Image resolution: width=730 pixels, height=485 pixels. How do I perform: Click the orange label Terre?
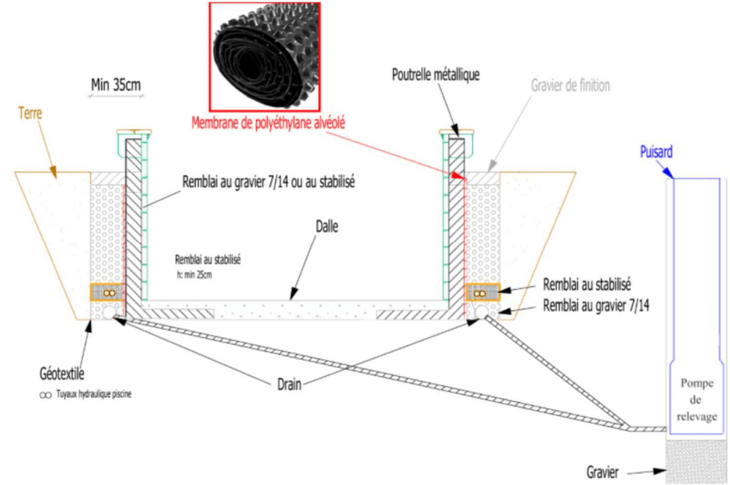coord(31,113)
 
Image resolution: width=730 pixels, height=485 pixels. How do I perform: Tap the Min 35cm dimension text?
coord(116,85)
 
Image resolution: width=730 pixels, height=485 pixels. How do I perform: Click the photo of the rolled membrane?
coord(265,56)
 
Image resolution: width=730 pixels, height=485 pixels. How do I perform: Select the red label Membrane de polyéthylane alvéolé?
coord(269,123)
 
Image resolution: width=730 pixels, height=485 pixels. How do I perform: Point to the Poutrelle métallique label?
coord(435,74)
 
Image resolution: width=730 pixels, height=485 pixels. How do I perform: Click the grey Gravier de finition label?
coord(570,85)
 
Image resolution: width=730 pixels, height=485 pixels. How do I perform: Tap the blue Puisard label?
coord(656,152)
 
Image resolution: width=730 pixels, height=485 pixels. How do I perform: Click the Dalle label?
coord(327,226)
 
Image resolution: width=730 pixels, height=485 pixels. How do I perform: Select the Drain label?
coord(289,385)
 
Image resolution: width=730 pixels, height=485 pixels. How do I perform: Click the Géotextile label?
coord(62,373)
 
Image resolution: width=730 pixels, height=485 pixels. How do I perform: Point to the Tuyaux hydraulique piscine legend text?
coord(93,394)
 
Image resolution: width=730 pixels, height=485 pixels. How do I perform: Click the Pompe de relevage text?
coord(696,400)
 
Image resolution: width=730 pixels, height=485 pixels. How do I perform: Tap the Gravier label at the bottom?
coord(602,472)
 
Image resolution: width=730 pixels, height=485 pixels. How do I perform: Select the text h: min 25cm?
coord(194,274)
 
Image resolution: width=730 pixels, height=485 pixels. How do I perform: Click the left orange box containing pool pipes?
coord(107,292)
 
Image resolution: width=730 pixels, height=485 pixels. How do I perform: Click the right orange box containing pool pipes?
coord(482,292)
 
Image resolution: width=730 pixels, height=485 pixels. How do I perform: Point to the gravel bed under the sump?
coord(696,461)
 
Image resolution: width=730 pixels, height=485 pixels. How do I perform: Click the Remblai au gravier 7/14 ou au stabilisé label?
coord(269,182)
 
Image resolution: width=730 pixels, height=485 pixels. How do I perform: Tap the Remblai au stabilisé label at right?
coord(587,284)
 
